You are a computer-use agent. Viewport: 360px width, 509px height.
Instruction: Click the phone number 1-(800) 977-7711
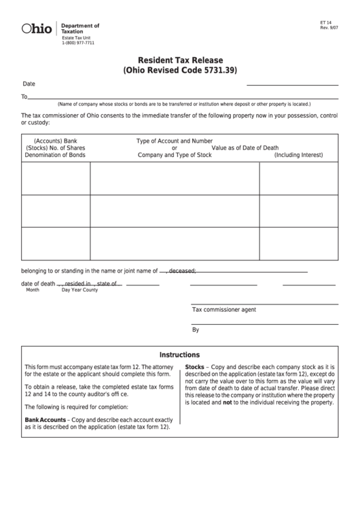[77, 43]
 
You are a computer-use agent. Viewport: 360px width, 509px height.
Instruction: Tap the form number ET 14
[325, 22]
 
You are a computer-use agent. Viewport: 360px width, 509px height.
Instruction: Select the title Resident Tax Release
[180, 60]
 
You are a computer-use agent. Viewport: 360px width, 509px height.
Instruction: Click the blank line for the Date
[292, 84]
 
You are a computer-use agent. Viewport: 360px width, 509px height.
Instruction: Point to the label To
[24, 97]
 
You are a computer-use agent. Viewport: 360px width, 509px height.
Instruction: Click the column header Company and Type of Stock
[175, 155]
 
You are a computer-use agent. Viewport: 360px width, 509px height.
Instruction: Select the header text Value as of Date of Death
[245, 147]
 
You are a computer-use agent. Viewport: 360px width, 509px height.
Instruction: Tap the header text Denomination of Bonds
[55, 155]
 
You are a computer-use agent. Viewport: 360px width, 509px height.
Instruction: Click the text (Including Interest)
[298, 155]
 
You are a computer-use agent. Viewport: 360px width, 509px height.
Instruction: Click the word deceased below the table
[182, 270]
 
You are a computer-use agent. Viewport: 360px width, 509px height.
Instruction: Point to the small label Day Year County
[79, 290]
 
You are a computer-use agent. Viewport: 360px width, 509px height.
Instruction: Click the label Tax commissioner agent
[223, 309]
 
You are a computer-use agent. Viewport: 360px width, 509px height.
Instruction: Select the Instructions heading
[179, 355]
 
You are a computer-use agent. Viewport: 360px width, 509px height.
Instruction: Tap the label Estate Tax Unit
[76, 37]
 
